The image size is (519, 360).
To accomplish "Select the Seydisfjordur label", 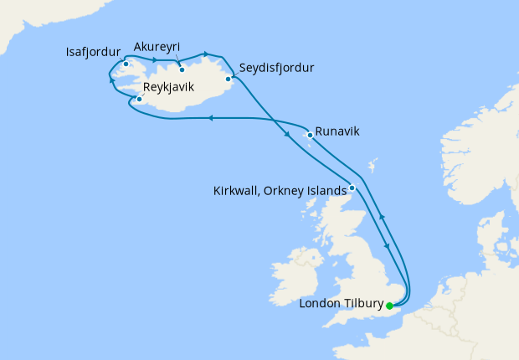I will point(276,68).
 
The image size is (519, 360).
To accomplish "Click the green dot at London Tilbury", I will point(389,306).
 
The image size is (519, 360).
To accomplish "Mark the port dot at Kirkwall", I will point(352,188).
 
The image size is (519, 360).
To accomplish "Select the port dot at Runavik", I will point(310,134).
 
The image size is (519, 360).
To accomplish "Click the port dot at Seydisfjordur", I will point(228,80).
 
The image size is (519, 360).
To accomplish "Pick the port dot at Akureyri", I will point(181,69).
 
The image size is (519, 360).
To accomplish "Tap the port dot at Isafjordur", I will point(126,64).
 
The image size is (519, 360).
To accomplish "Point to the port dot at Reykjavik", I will point(139,100).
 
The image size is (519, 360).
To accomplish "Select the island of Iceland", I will point(184,92).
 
